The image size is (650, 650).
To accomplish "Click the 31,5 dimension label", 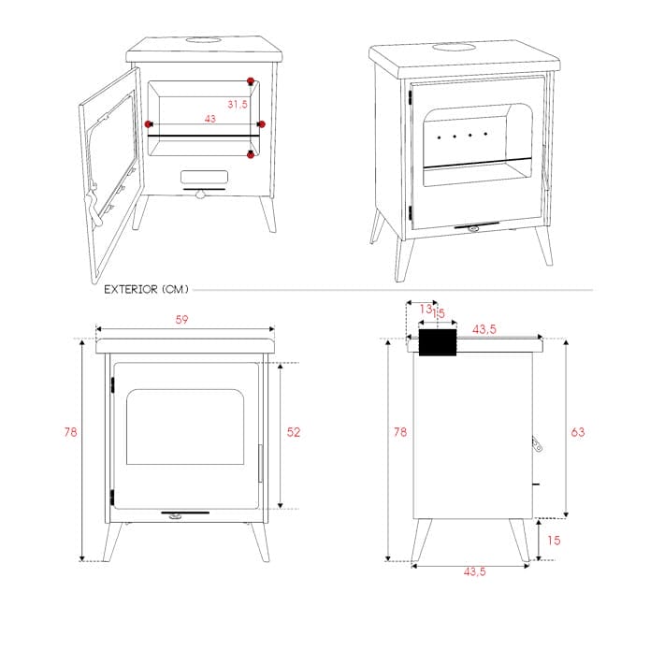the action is [238, 104].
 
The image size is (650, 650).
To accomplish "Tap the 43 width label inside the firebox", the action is [210, 119].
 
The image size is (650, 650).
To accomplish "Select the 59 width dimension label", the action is [182, 320].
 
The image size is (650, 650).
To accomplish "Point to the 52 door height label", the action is [294, 432].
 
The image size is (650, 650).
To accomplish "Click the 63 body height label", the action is [578, 432].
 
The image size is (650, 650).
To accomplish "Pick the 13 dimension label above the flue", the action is [426, 309].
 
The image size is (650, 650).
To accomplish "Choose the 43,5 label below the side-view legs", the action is [475, 571].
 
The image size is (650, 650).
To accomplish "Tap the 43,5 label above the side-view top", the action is [484, 329].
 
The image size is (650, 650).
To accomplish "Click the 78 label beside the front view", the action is [70, 432].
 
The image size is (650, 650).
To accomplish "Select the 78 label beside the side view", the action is [400, 432].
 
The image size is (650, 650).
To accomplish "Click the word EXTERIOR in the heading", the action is [131, 289].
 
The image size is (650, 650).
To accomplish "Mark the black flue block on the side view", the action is [438, 342].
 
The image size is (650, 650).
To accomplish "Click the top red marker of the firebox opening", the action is [251, 80].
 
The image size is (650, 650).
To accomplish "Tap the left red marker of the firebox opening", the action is [148, 124].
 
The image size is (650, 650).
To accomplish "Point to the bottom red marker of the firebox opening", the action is [251, 154].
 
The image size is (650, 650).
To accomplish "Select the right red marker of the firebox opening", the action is [262, 124].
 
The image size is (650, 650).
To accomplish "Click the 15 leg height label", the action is [554, 541].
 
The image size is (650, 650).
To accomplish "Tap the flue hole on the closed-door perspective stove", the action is [454, 47].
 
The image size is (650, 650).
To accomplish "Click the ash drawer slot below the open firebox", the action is [205, 177].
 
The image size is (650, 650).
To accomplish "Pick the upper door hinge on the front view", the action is [112, 385].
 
